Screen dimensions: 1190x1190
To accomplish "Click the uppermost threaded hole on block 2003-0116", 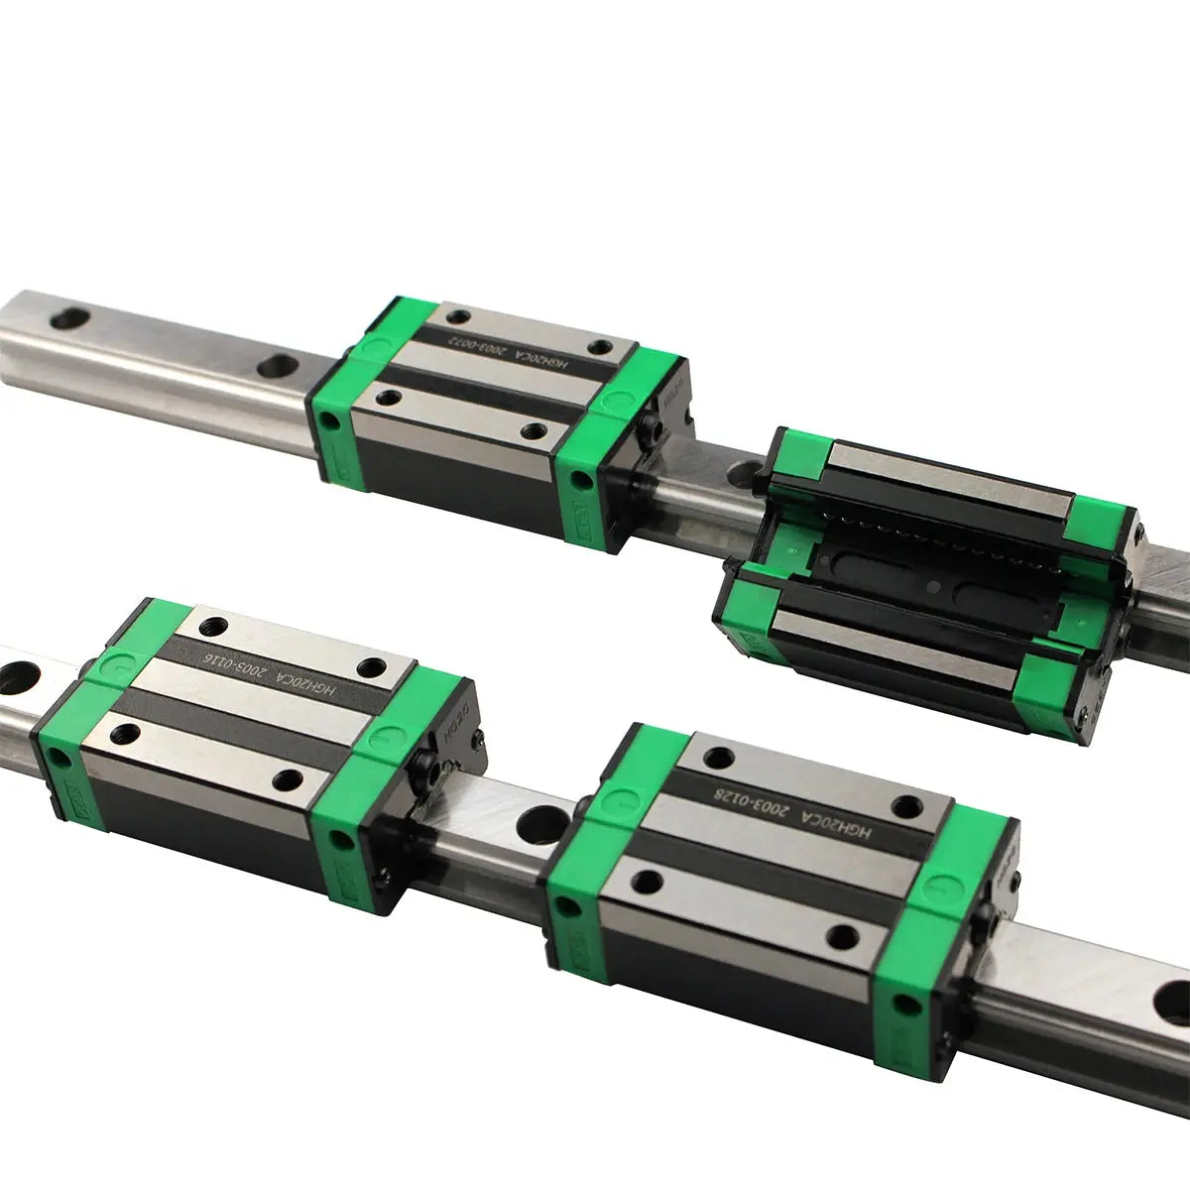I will click(212, 627).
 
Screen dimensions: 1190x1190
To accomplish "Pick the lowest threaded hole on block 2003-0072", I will click(537, 431).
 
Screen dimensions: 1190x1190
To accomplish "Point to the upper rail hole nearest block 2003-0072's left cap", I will click(273, 365).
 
